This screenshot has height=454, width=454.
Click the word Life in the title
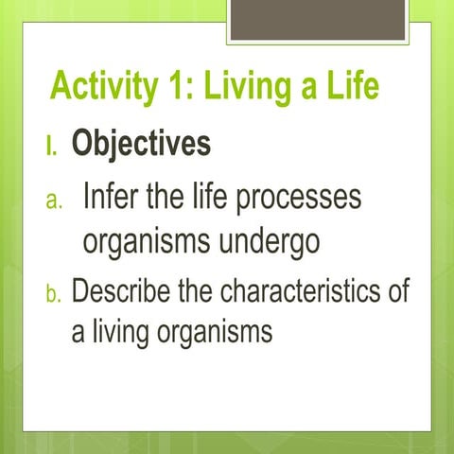pos(352,88)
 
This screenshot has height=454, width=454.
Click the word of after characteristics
pos(398,290)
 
